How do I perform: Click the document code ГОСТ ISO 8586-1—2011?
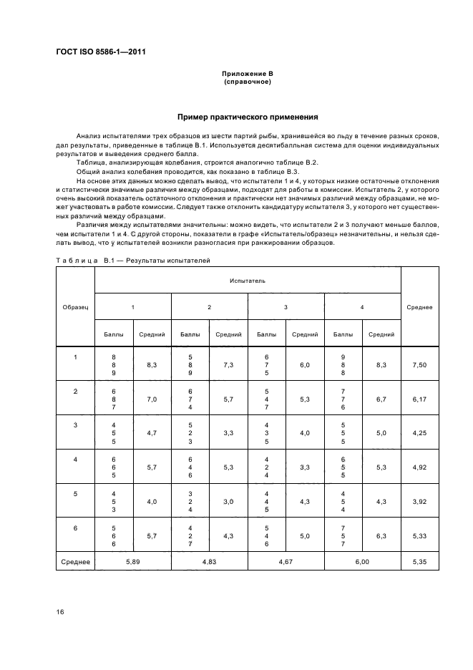(104, 52)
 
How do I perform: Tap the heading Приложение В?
(247, 74)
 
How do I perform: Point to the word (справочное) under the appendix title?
(247, 82)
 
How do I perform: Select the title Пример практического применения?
(247, 117)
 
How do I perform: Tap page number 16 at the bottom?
(60, 611)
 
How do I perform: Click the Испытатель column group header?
(247, 281)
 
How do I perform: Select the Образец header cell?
(75, 307)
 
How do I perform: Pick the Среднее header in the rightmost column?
(419, 307)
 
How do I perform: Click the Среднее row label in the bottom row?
(75, 563)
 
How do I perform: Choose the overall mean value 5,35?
(419, 563)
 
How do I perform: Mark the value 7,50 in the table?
(419, 365)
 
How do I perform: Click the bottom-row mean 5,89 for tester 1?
(132, 563)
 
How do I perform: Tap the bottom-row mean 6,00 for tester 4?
(362, 563)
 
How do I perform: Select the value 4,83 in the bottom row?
(209, 563)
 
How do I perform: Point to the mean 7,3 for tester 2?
(228, 365)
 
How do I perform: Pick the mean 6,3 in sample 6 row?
(381, 535)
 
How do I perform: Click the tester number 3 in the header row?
(286, 307)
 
